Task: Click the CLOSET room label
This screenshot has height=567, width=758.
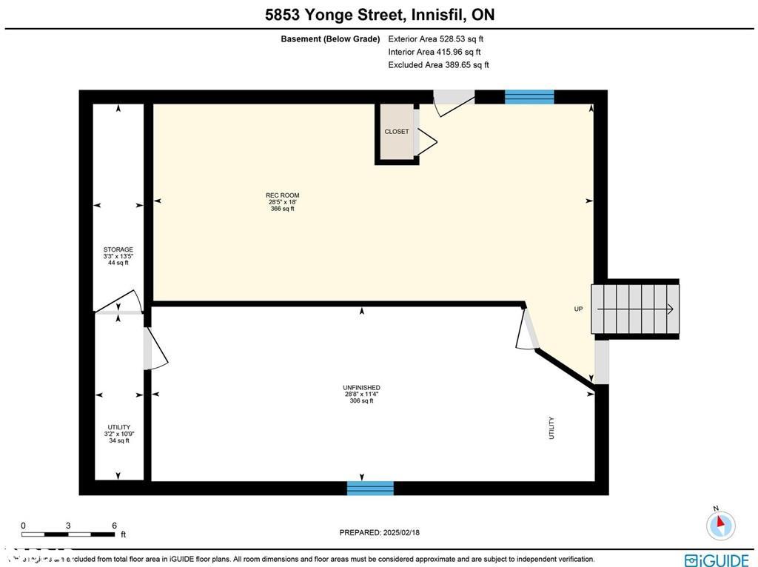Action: [396, 132]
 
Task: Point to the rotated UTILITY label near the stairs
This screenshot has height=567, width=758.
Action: [551, 428]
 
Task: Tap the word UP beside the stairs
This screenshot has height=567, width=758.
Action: [578, 309]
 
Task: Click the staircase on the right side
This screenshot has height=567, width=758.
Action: [637, 309]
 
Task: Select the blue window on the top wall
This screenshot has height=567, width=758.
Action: [529, 97]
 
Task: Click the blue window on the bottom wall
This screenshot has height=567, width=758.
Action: [370, 488]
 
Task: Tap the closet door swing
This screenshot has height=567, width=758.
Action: [427, 140]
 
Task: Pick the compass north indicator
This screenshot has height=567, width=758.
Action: [720, 524]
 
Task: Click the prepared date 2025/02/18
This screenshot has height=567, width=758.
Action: [379, 532]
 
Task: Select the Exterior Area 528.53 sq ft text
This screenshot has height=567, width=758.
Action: [436, 39]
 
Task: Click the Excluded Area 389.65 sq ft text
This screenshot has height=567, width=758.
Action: [438, 65]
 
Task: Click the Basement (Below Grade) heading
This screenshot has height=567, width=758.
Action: [330, 39]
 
